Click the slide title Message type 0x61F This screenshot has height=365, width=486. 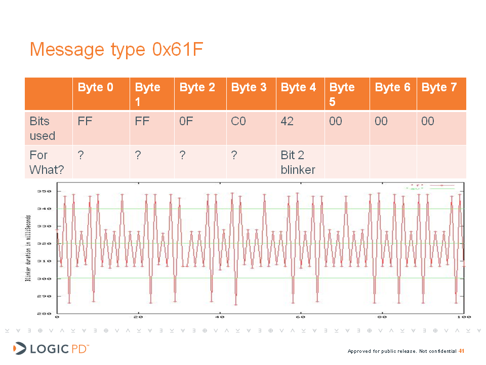point(116,50)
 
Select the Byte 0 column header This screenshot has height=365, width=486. point(95,88)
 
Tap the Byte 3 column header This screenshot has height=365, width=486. point(249,88)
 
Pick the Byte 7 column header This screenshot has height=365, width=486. point(439,88)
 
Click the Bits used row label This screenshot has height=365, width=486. point(42,128)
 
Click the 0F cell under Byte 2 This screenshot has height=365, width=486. point(186,122)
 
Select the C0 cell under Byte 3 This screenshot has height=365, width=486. point(238,122)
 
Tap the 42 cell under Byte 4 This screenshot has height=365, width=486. point(287,122)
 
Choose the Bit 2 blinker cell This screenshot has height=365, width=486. point(298,162)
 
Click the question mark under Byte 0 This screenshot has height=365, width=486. point(80,155)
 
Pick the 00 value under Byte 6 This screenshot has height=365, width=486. point(381,122)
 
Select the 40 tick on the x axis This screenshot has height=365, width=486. point(220,317)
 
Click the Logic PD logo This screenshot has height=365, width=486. point(51,349)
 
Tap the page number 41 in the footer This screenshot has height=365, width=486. point(461,351)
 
